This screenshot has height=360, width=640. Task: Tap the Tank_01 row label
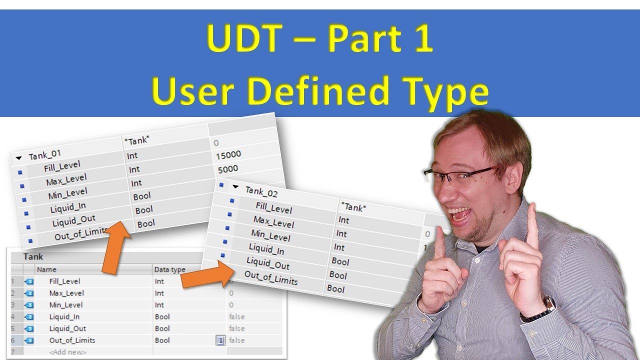[x=44, y=155]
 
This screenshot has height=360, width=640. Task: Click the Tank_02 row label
[x=261, y=191]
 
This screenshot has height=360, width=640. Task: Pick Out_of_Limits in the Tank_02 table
[x=270, y=277]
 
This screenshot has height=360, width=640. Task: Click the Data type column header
[x=169, y=269]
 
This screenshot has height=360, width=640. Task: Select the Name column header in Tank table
[x=46, y=269]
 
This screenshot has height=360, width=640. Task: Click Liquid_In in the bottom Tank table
[x=64, y=316]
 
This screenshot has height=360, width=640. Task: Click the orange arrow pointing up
[x=115, y=247]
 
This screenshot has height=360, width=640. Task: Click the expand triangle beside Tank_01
[x=19, y=157]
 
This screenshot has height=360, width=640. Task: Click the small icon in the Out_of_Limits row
[x=220, y=340]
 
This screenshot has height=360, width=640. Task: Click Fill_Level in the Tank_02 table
[x=273, y=207]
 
